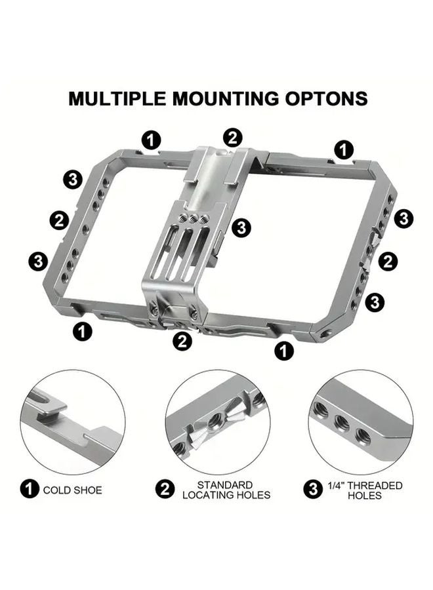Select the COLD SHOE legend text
tap(73, 489)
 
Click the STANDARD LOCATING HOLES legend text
tap(226, 490)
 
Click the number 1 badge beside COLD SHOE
tap(30, 489)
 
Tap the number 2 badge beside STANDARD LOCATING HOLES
tap(165, 489)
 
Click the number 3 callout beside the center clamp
tap(241, 227)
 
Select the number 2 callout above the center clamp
tap(232, 138)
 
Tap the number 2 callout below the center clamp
tap(182, 341)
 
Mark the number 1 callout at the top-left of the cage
tap(152, 139)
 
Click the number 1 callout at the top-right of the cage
tap(344, 149)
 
